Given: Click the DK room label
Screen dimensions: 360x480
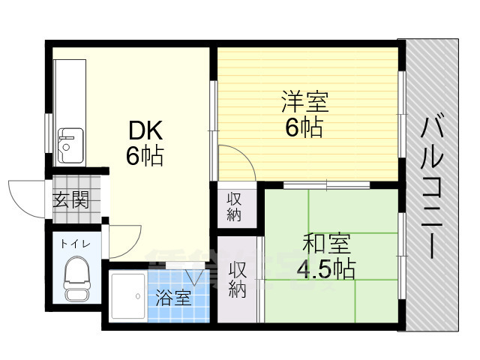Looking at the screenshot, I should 146,131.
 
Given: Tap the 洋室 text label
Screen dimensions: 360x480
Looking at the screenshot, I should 304,100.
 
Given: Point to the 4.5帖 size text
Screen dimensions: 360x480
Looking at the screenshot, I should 325,268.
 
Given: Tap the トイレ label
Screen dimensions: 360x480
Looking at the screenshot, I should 74,242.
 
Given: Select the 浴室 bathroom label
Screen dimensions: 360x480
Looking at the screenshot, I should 173,298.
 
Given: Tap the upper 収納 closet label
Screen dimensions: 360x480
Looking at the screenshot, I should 235,205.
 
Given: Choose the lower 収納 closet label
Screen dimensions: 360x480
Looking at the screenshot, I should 238,279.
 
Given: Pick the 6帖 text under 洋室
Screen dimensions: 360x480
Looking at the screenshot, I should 304,127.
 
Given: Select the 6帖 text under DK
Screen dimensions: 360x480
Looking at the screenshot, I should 145,157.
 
